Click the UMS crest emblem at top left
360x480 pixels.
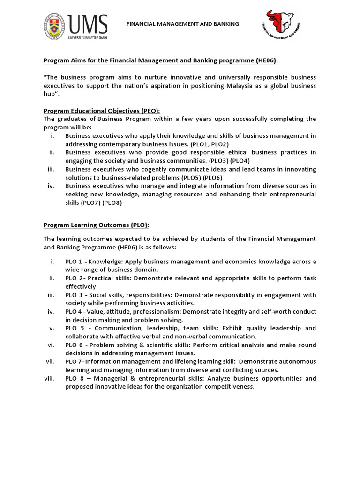(x=55, y=26)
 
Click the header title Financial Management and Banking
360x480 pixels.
(x=183, y=23)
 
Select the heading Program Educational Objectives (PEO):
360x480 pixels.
(x=102, y=111)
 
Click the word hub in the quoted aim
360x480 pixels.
(x=51, y=94)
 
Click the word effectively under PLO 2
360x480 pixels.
(x=81, y=286)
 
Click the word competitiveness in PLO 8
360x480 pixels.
(x=223, y=387)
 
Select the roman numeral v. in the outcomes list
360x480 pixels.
(x=52, y=328)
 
